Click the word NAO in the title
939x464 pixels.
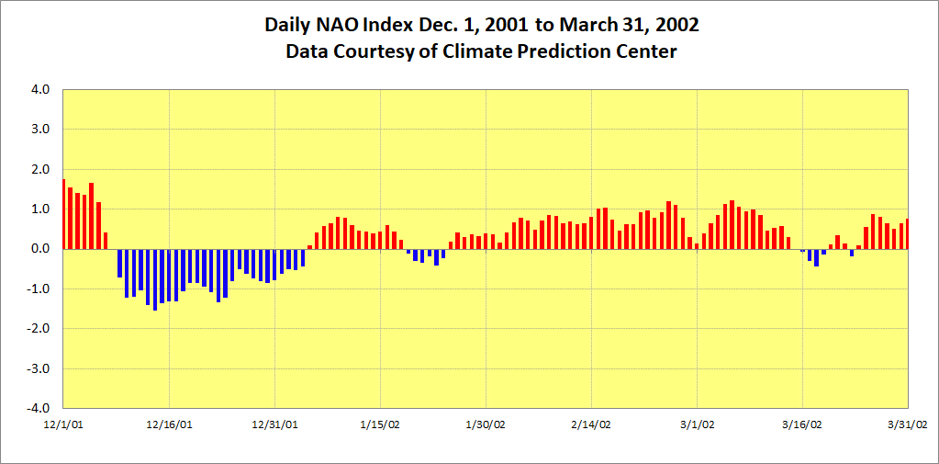tap(339, 25)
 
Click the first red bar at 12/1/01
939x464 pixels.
tap(63, 214)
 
